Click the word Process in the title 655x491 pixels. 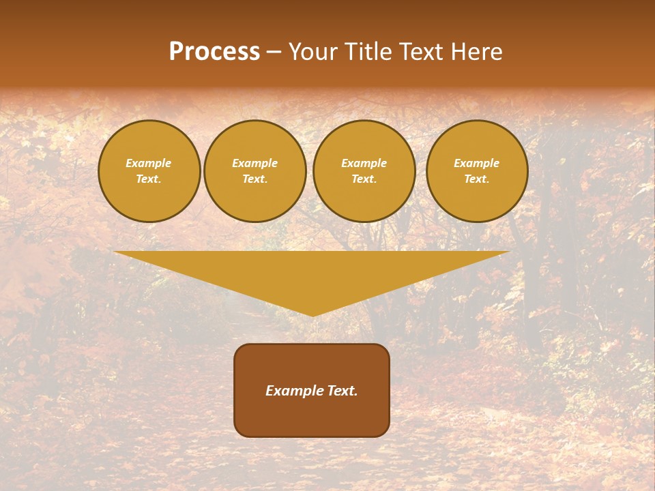[x=214, y=52]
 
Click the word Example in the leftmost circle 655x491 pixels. [x=149, y=164]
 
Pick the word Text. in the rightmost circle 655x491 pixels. [x=477, y=179]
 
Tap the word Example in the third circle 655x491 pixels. [x=364, y=164]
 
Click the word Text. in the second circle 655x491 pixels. [x=255, y=179]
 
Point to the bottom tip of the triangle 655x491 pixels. [x=312, y=314]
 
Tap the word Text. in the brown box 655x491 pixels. [x=343, y=391]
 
